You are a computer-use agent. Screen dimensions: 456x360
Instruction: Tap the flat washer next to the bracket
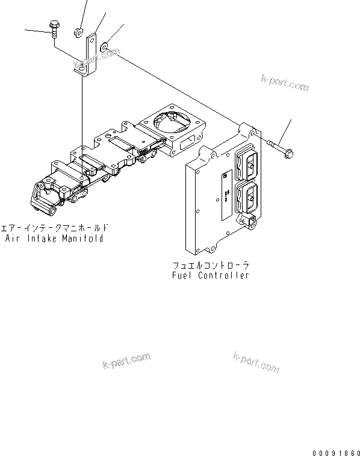point(105,45)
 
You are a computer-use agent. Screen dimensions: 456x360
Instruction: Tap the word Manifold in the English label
point(81,238)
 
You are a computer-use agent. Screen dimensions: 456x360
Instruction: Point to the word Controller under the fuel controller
point(226,275)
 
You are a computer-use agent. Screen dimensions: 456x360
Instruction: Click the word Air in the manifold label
point(13,238)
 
